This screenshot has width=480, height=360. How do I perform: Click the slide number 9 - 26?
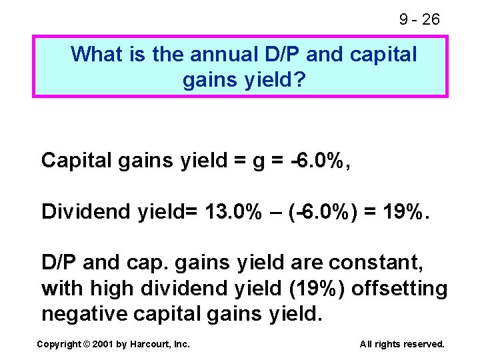(419, 19)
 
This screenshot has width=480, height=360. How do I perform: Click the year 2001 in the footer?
(104, 344)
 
